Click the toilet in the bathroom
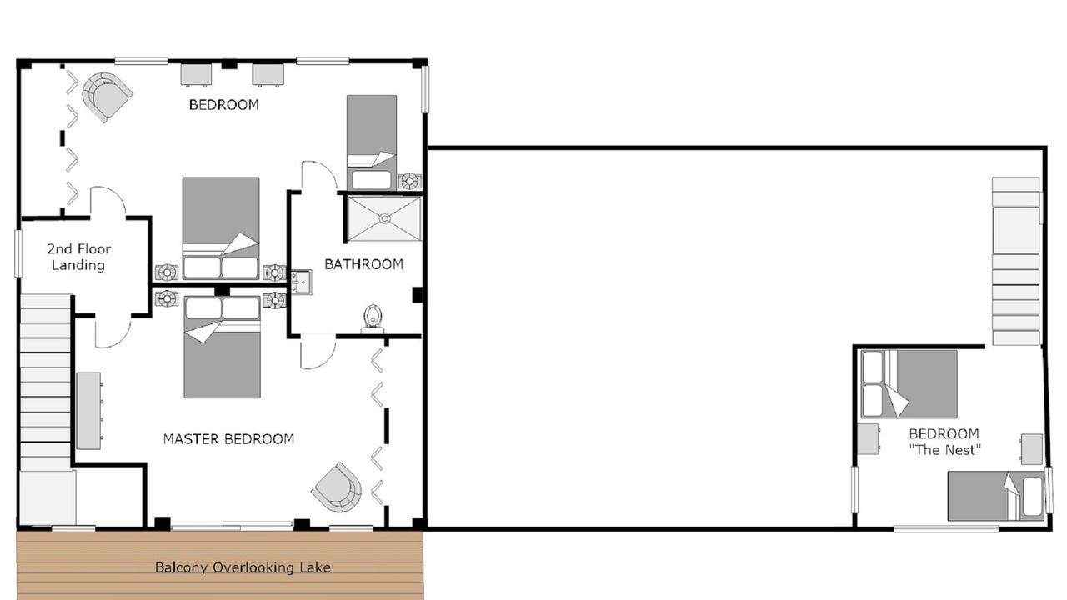click(x=373, y=318)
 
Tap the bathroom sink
click(x=301, y=282)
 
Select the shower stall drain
click(x=384, y=218)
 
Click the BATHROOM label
click(x=363, y=264)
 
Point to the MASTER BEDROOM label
click(x=228, y=438)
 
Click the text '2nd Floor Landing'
click(x=78, y=257)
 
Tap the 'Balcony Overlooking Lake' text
click(x=243, y=567)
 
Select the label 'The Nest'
click(x=945, y=450)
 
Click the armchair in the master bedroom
click(x=336, y=487)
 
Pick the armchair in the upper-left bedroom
click(x=107, y=97)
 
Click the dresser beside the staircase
click(x=89, y=411)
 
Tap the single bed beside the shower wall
click(x=372, y=142)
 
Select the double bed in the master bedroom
click(x=222, y=347)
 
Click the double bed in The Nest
click(x=909, y=384)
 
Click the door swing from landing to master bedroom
click(x=113, y=332)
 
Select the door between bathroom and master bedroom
click(x=318, y=352)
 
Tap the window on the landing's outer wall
click(x=18, y=253)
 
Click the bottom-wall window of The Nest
click(x=946, y=528)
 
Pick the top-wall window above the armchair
click(x=141, y=61)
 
